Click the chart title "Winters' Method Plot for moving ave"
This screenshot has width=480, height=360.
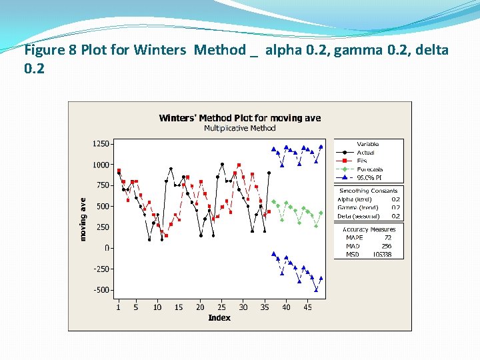(x=239, y=118)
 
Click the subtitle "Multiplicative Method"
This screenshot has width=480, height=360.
(x=239, y=128)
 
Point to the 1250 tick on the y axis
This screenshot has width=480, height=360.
(x=101, y=143)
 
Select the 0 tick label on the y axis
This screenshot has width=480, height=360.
(x=107, y=248)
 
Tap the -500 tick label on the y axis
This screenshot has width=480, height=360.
(x=101, y=290)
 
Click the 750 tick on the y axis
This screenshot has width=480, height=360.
(x=103, y=185)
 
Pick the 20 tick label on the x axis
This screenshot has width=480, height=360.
(x=200, y=307)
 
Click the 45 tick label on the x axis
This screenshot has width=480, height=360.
(x=307, y=307)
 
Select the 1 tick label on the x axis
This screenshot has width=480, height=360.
(x=119, y=307)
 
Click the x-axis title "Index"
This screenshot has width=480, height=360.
(x=219, y=318)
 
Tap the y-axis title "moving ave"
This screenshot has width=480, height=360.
(x=84, y=219)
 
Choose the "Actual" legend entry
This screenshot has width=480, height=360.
(x=365, y=153)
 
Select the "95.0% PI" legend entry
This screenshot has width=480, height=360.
(x=369, y=178)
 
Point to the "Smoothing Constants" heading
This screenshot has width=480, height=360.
(x=368, y=191)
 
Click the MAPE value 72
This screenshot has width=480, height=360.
(x=388, y=238)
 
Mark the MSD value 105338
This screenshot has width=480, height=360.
(x=382, y=255)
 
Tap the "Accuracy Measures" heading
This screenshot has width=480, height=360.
(x=369, y=229)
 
